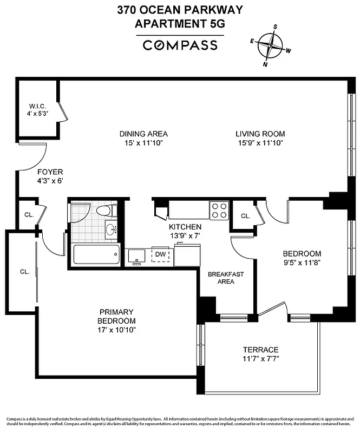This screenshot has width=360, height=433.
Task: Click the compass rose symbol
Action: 271,45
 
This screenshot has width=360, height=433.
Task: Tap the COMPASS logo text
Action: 180,45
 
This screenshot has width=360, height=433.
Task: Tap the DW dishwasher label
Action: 160,254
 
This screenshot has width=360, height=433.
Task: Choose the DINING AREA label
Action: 143,134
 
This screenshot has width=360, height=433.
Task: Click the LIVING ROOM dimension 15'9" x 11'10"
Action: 260,143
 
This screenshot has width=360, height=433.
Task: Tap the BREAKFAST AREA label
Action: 226,278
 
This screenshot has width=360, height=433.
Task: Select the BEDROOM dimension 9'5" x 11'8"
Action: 302,263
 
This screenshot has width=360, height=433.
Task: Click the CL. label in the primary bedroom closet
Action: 24,271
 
